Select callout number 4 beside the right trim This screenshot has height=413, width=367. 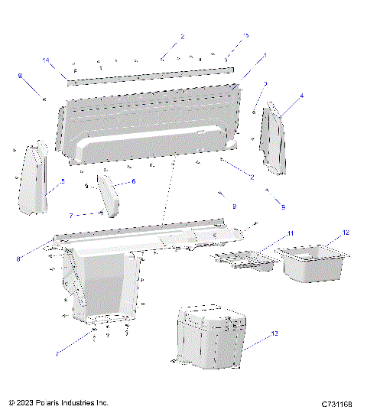click(x=301, y=96)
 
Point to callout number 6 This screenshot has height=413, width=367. click(x=133, y=181)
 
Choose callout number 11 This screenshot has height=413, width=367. click(x=290, y=233)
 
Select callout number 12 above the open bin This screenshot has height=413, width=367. click(x=346, y=233)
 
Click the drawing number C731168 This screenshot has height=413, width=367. click(x=336, y=402)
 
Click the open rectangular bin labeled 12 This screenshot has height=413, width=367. click(x=313, y=262)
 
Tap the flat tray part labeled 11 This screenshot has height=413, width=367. click(x=245, y=260)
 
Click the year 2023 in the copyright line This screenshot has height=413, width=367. click(x=24, y=402)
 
